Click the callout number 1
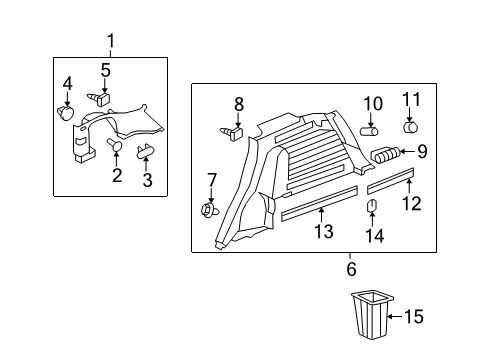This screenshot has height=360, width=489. click(x=111, y=41)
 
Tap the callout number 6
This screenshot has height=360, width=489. click(x=351, y=269)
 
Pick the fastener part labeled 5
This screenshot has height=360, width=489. click(x=102, y=99)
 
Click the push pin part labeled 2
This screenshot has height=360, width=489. click(x=114, y=147)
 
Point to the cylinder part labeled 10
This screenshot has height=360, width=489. click(x=369, y=130)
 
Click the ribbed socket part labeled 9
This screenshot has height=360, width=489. click(x=385, y=154)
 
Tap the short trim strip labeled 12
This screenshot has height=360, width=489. click(x=390, y=182)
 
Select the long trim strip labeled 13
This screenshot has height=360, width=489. click(x=317, y=208)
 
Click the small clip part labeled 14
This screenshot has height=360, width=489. click(x=372, y=208)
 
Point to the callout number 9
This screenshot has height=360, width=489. click(x=422, y=153)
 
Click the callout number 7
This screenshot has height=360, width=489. click(x=211, y=180)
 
